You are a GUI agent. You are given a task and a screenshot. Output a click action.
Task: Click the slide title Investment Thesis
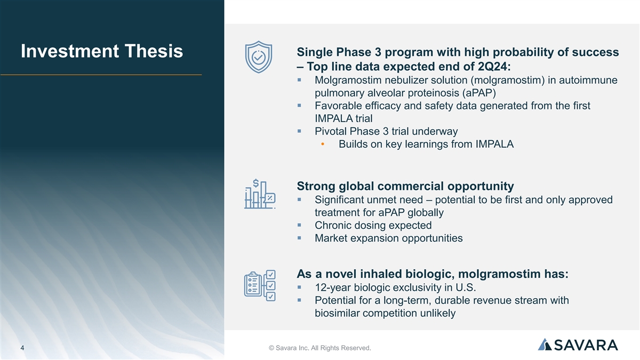pyautogui.click(x=102, y=51)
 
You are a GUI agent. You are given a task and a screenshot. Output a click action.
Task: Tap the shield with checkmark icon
pyautogui.click(x=259, y=57)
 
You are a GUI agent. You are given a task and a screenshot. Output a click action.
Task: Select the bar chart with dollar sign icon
pyautogui.click(x=260, y=194)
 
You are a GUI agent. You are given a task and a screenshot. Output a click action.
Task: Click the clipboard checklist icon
pyautogui.click(x=260, y=285)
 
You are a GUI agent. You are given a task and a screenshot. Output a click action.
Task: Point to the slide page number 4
pyautogui.click(x=22, y=348)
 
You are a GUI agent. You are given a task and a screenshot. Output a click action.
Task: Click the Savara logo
pyautogui.click(x=578, y=345)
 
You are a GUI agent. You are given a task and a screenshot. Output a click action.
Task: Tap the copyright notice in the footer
pyautogui.click(x=319, y=348)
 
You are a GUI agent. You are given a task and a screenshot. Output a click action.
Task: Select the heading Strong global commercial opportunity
pyautogui.click(x=405, y=186)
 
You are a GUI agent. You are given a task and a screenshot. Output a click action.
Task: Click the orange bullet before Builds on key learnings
pyautogui.click(x=323, y=144)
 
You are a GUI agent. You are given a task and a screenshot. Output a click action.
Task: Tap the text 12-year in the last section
pyautogui.click(x=333, y=287)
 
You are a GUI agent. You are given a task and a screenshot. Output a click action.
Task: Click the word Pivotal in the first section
pyautogui.click(x=331, y=131)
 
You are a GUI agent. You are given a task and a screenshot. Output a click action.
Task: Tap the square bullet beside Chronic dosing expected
pyautogui.click(x=299, y=225)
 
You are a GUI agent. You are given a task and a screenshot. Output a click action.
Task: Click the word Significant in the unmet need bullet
pyautogui.click(x=340, y=199)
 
